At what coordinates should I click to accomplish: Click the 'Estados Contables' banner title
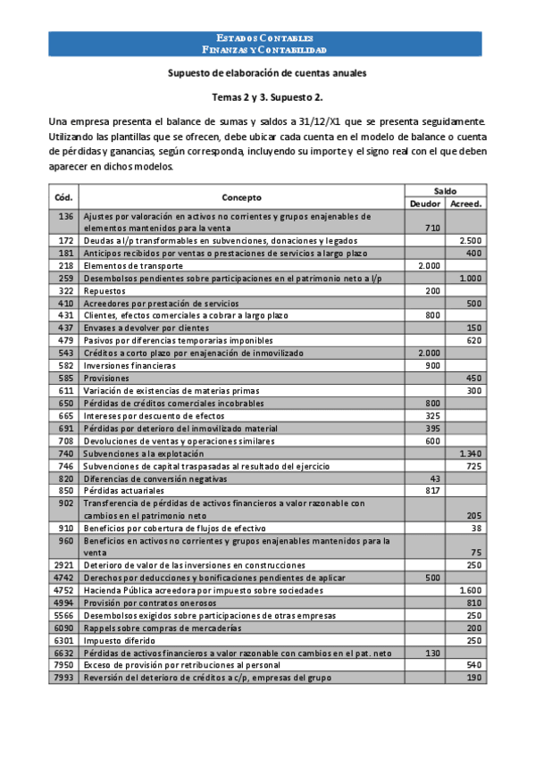[266, 38]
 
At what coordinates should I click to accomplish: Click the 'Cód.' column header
[64, 196]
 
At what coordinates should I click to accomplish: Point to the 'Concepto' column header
[242, 196]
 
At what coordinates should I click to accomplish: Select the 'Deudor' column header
[424, 203]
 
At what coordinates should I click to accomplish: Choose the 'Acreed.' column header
[466, 203]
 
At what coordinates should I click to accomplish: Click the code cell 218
[64, 266]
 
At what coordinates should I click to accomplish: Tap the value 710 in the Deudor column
[432, 229]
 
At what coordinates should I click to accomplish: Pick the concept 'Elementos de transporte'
[133, 266]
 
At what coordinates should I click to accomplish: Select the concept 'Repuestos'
[104, 291]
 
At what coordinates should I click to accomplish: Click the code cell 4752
[64, 591]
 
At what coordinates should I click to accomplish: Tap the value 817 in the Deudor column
[432, 491]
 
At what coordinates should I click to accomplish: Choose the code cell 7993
[64, 678]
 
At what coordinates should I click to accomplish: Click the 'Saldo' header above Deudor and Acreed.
[445, 190]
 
